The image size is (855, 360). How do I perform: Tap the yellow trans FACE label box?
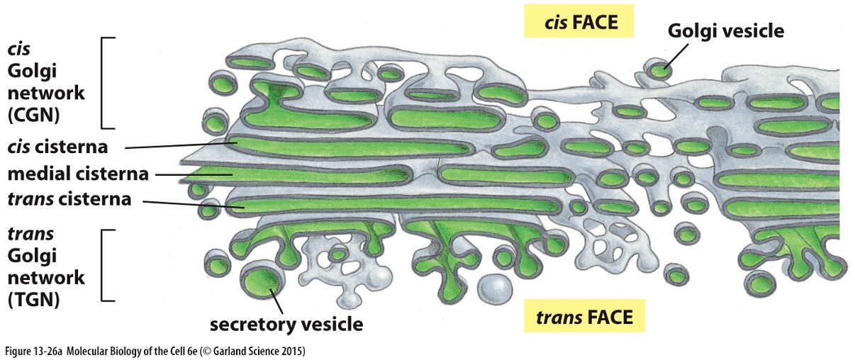585,316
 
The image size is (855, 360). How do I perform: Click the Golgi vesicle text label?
725,31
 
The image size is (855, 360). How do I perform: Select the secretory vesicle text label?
286,325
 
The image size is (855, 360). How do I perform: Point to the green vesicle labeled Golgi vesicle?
659,69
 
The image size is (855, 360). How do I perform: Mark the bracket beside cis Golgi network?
106,83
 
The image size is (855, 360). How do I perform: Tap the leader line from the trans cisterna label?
191,204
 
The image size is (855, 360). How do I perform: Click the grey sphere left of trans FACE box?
493,288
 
